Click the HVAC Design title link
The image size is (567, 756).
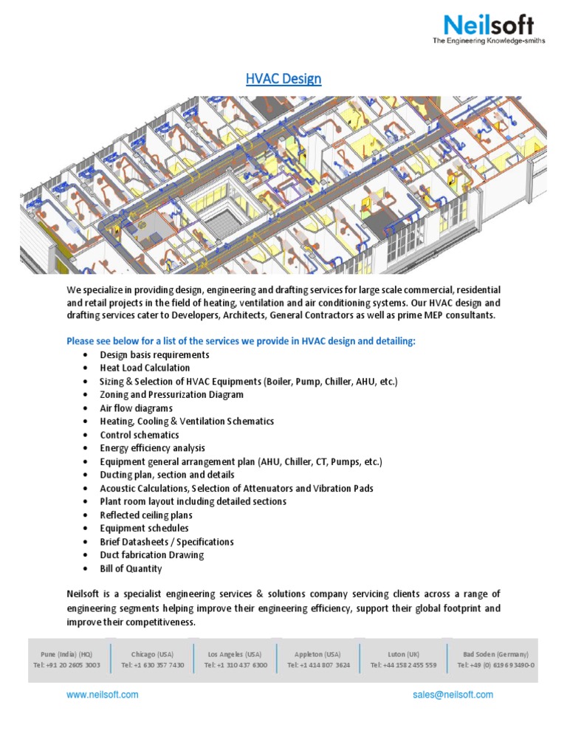tap(283, 78)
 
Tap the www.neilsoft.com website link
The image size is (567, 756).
tap(102, 695)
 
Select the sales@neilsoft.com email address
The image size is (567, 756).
tap(453, 695)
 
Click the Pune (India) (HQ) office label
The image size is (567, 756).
tap(66, 654)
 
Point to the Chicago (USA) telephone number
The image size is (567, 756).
tap(153, 665)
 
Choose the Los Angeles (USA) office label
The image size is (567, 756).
tap(235, 654)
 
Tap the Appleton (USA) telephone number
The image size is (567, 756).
tap(319, 665)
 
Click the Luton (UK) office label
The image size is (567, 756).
tap(403, 654)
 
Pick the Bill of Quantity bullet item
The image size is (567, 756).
tap(131, 568)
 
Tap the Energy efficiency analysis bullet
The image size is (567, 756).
tap(153, 448)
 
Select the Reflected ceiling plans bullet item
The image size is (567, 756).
tap(146, 515)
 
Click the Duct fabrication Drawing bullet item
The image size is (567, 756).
tap(152, 555)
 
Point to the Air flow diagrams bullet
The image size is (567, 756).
tap(136, 408)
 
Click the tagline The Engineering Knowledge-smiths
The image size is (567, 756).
tap(489, 41)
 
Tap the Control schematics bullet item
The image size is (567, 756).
tap(140, 435)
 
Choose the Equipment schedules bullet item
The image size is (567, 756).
tap(144, 528)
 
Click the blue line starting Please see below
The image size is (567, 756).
tap(241, 341)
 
